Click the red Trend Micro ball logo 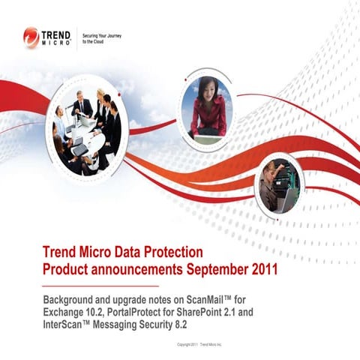(31, 37)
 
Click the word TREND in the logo (56, 34)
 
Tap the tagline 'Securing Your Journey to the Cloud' (101, 37)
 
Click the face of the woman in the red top (207, 85)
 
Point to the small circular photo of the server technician (279, 185)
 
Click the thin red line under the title (100, 286)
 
